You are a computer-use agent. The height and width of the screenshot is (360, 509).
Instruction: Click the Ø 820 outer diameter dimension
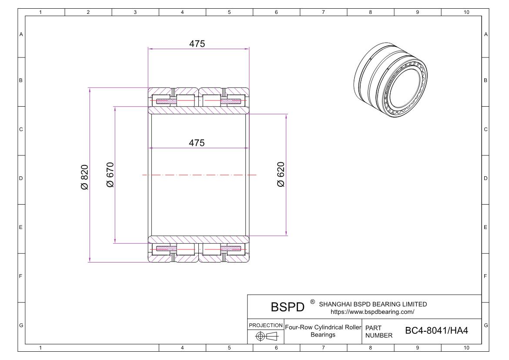(x=84, y=177)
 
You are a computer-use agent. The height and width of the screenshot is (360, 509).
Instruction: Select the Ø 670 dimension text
(x=110, y=175)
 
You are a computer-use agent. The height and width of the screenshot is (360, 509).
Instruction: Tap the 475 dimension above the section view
(x=197, y=44)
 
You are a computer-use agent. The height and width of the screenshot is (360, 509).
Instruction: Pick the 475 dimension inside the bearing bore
(x=197, y=143)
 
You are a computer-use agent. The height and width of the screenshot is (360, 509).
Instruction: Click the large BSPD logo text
(x=288, y=307)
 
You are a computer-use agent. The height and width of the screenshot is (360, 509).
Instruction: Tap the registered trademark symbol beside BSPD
(x=312, y=302)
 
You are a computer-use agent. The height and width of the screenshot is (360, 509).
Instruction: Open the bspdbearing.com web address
(x=372, y=312)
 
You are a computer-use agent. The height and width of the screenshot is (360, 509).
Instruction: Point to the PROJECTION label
(x=265, y=325)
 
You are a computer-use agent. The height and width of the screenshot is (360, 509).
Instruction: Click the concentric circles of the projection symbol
(x=261, y=336)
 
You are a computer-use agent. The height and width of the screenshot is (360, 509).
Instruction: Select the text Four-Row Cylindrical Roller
(x=323, y=327)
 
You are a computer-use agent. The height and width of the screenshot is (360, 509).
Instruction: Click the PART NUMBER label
(x=378, y=331)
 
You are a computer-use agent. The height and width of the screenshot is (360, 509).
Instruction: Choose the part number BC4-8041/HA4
(x=436, y=331)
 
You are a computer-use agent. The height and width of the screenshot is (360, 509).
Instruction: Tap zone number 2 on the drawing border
(x=88, y=12)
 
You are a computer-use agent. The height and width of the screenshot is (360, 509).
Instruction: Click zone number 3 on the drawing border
(x=135, y=12)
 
